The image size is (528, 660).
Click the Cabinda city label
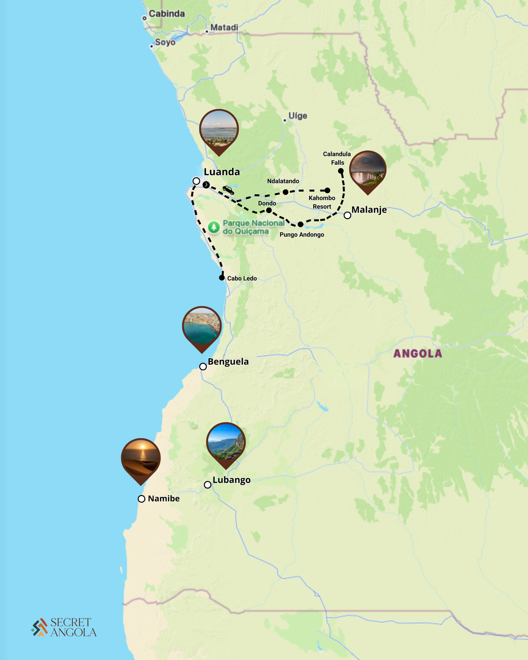[167, 14]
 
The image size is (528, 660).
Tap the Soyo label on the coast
[165, 42]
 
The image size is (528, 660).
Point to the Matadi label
[224, 28]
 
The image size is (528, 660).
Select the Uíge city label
[298, 116]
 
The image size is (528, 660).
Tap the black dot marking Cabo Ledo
[222, 278]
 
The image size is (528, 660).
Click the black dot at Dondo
[269, 210]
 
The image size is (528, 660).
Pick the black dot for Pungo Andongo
[301, 224]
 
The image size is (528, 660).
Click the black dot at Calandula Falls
[341, 171]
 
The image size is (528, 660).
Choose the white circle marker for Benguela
[203, 366]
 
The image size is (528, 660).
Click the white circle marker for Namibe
[142, 499]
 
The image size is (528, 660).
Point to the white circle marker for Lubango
[208, 485]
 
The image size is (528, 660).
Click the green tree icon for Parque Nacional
[214, 227]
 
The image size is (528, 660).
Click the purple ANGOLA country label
[417, 353]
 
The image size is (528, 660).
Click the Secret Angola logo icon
[39, 627]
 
